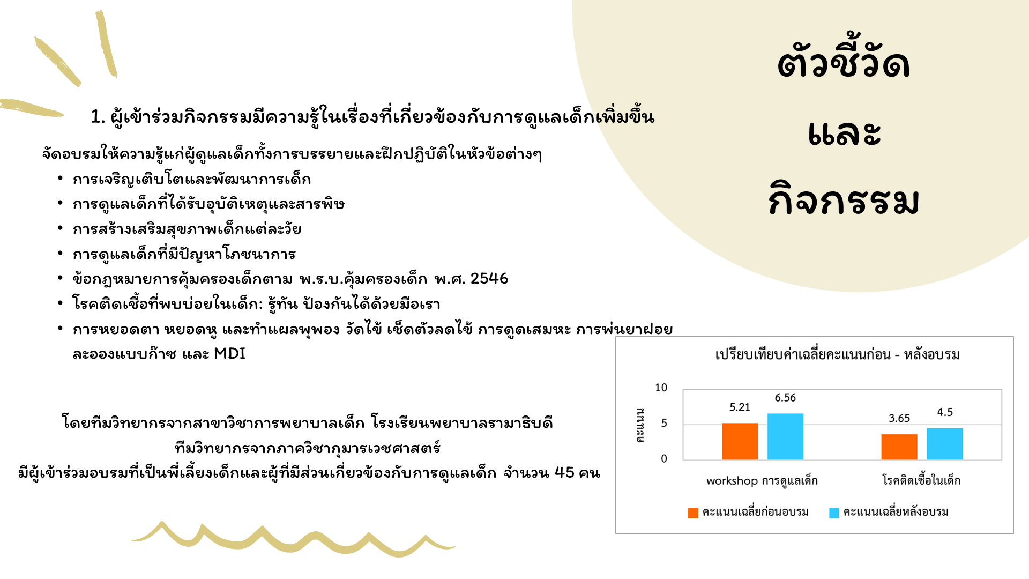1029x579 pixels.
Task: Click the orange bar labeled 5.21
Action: [740, 441]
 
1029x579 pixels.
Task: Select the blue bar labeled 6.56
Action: [785, 436]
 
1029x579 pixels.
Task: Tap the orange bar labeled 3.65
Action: [899, 447]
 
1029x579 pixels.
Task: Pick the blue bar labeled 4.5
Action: [945, 444]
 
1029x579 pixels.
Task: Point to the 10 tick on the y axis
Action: [661, 388]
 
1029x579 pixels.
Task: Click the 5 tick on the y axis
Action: [664, 423]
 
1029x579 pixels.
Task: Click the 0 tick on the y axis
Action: [664, 458]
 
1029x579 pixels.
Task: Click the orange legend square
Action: [693, 513]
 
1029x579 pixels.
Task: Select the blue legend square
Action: [834, 513]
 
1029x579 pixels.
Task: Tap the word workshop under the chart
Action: [732, 481]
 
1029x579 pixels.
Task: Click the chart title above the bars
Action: [837, 354]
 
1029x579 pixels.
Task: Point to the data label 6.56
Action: [785, 398]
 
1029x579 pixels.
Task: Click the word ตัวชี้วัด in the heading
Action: [844, 62]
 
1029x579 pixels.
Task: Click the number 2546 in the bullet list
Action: [489, 279]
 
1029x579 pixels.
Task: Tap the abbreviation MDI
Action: [229, 354]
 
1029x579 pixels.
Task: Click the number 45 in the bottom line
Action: [564, 472]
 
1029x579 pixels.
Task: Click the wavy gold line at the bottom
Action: [293, 538]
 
